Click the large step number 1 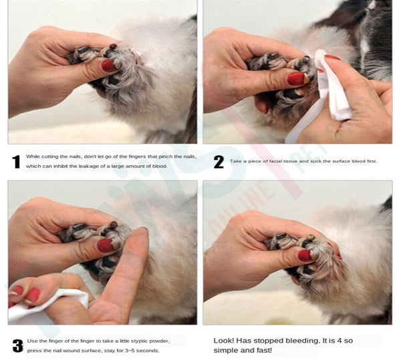[16, 162]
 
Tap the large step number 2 [219, 162]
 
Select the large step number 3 [17, 346]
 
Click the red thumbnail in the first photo [110, 66]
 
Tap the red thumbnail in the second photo [297, 78]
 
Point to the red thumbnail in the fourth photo [305, 256]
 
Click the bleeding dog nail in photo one [113, 46]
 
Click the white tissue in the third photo [49, 303]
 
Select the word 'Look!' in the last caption [223, 341]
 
